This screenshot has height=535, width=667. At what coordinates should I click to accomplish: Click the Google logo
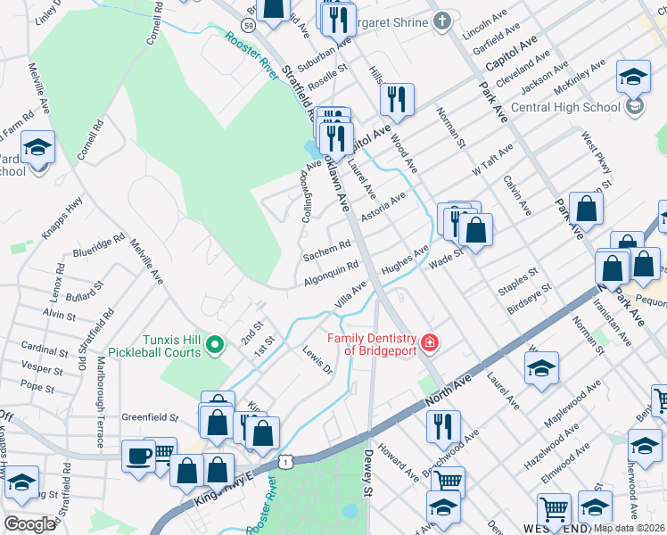tap(29, 523)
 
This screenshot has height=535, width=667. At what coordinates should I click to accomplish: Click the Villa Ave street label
tap(350, 292)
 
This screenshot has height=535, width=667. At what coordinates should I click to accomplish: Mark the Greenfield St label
tap(151, 416)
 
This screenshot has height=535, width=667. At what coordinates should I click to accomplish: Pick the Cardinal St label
tap(39, 348)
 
